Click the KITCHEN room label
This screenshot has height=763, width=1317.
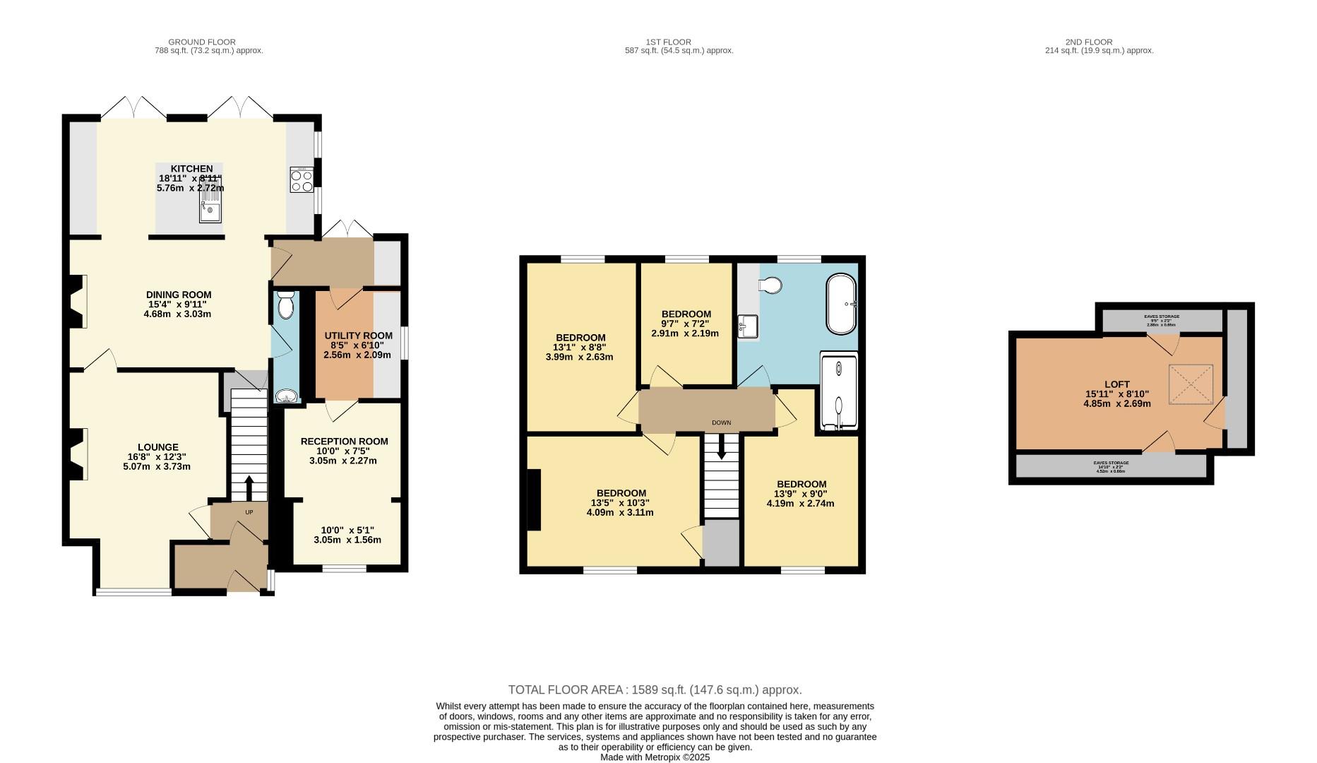(x=191, y=169)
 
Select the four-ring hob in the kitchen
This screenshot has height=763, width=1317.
(x=302, y=179)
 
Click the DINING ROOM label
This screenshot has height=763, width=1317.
(x=179, y=295)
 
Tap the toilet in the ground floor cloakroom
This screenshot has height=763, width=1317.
(x=285, y=305)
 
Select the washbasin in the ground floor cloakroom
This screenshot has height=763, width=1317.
(x=286, y=396)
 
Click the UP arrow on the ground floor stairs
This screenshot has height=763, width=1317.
(x=249, y=487)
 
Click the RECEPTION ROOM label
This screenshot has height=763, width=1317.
(x=344, y=442)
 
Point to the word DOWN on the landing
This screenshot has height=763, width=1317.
(x=721, y=422)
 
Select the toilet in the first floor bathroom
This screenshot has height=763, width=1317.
(x=769, y=285)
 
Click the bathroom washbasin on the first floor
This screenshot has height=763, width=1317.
(x=747, y=326)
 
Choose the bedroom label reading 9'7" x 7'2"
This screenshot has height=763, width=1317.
(x=686, y=324)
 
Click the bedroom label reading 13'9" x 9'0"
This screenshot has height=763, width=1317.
(x=800, y=494)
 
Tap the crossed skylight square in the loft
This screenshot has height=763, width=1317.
(x=1191, y=385)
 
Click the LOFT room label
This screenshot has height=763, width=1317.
(x=1117, y=385)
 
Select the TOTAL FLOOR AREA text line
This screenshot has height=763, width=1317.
(x=655, y=690)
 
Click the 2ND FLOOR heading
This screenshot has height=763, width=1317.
(x=1099, y=42)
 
